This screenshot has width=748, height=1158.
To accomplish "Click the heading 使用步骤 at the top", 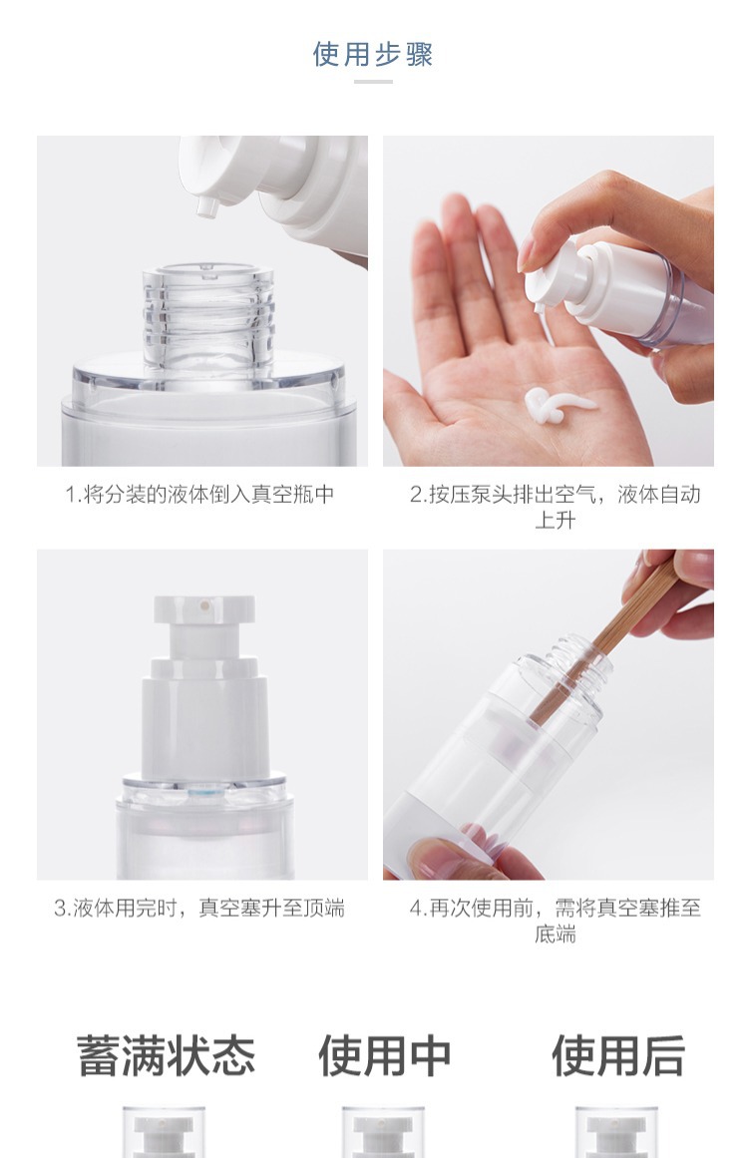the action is (373, 54).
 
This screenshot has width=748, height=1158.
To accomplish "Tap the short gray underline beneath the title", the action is (373, 81).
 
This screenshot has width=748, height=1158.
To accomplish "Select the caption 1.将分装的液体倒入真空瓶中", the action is (199, 494).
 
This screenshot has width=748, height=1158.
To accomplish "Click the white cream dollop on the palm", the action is (558, 405).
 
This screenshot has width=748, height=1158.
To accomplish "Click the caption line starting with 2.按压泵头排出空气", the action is (556, 494).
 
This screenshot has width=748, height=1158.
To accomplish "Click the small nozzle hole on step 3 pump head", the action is (204, 606).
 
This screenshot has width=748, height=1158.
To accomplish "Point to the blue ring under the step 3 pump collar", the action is (204, 792).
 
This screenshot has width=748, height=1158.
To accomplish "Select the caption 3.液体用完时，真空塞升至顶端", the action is (199, 908).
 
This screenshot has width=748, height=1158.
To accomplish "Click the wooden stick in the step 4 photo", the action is (604, 641).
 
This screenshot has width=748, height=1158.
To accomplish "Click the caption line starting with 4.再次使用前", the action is (556, 908).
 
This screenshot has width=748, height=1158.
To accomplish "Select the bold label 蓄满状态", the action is (167, 1055).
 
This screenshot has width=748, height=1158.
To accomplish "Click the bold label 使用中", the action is (385, 1055).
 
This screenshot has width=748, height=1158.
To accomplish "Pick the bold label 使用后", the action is (618, 1055).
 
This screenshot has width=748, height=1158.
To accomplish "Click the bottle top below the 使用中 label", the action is (383, 1132).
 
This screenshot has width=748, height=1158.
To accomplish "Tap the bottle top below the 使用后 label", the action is (615, 1132).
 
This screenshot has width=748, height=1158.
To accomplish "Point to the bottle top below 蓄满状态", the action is (164, 1132).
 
